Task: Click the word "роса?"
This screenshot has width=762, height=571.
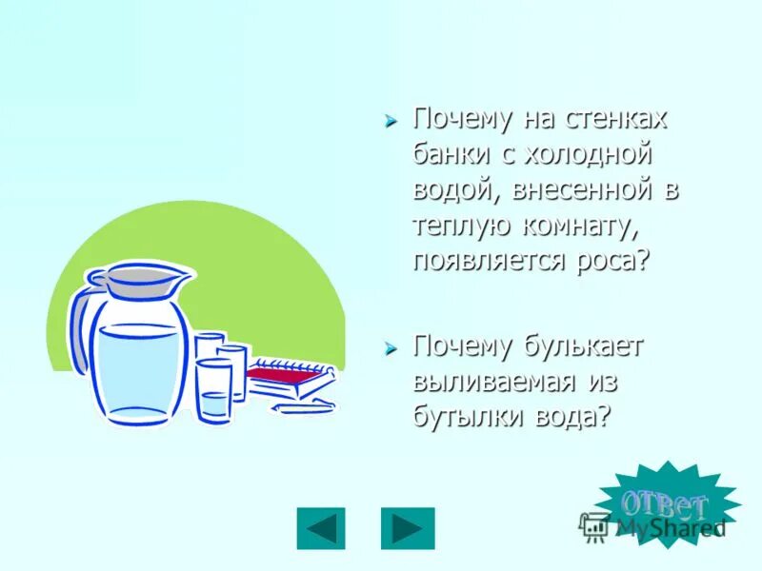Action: click(x=610, y=259)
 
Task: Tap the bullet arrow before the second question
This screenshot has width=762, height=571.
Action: click(x=390, y=349)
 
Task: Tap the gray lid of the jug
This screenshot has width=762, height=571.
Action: click(x=143, y=279)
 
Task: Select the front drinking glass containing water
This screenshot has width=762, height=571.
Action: click(x=214, y=392)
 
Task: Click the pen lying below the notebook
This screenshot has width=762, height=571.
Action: click(x=303, y=406)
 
